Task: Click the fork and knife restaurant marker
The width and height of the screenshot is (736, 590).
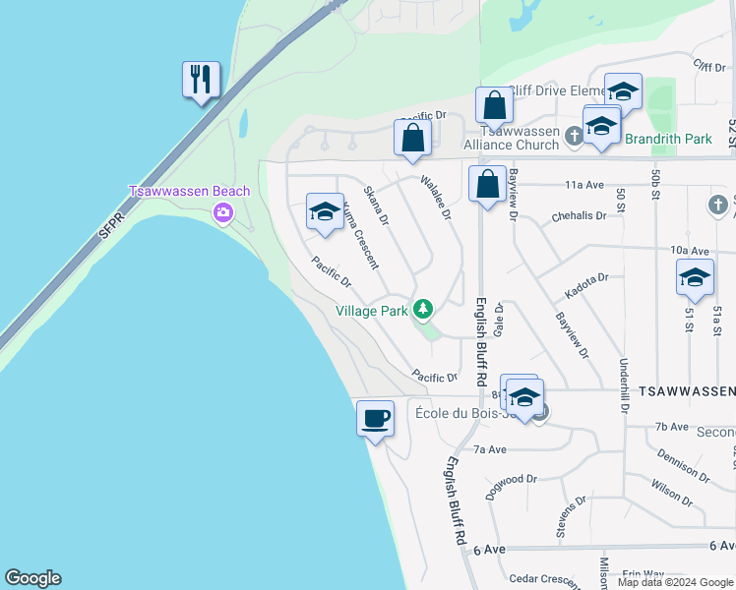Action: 201,80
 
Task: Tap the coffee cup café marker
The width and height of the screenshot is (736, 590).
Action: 375,419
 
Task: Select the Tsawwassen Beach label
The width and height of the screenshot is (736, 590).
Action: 190,191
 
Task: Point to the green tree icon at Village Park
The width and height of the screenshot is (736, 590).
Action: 423,310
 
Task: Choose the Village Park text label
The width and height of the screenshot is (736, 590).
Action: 371,311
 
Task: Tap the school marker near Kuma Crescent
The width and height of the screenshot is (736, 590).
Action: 325,211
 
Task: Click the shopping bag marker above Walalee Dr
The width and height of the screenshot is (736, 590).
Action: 412,138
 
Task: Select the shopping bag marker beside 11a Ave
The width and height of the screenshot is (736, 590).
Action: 487,184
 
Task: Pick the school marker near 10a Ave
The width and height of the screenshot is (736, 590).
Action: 695,277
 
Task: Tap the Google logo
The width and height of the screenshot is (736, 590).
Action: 32,578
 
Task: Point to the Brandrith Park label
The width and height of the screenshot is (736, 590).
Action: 668,139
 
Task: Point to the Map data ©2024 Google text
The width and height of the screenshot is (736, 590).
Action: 675,582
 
